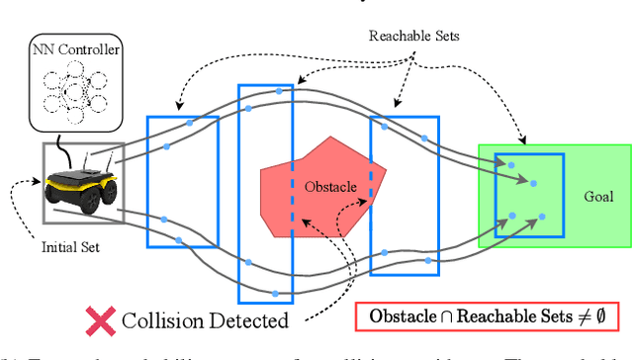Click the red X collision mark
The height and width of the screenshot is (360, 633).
99,319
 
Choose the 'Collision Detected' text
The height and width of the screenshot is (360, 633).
205,320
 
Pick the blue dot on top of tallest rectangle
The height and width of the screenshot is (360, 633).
278,91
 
